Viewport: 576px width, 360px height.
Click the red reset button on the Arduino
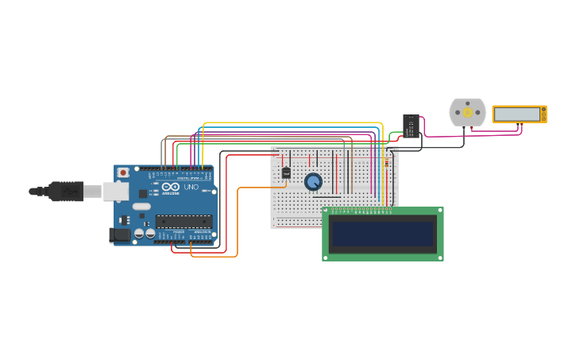tap(123, 172)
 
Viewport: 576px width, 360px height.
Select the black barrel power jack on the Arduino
tap(120, 234)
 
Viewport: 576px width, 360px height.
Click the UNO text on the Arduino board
tap(191, 187)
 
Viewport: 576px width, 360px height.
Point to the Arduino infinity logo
tap(171, 187)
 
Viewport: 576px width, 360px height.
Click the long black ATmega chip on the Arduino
tap(184, 221)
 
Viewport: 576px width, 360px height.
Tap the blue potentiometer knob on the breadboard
tap(313, 182)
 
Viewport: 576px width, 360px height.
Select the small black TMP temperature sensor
tap(286, 172)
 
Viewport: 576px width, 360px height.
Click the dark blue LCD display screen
tap(383, 234)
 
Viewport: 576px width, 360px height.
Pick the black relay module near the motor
tap(411, 126)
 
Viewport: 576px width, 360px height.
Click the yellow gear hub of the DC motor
tap(467, 112)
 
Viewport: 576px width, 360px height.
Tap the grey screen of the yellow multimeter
tap(517, 114)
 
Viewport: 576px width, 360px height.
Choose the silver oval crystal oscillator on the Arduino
tap(141, 207)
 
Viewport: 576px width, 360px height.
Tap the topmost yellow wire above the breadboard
tap(294, 123)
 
